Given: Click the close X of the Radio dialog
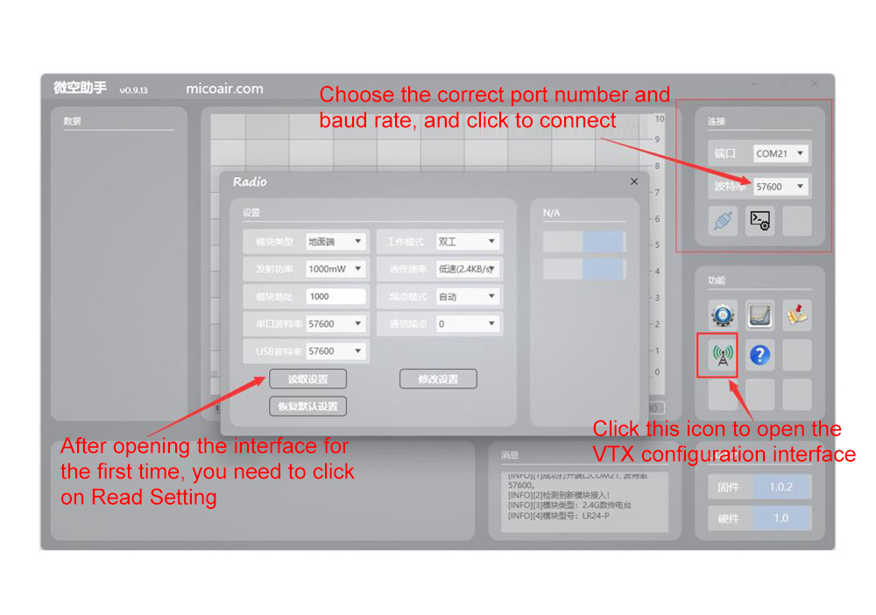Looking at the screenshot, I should (x=634, y=181).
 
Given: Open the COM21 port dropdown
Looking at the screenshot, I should (x=781, y=153).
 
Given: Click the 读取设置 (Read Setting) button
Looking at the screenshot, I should (x=307, y=378).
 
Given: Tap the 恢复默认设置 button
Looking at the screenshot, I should (x=307, y=406).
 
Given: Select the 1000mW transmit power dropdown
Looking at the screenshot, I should (x=336, y=269).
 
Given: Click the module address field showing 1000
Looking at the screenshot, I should (x=336, y=296).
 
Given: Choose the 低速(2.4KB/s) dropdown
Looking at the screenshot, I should (x=469, y=269).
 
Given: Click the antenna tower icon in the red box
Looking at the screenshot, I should (x=722, y=355).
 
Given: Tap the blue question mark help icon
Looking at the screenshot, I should (x=759, y=355).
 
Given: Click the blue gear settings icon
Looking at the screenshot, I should (x=723, y=315).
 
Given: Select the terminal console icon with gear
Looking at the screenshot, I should (x=759, y=221).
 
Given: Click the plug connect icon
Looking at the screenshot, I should (x=723, y=221).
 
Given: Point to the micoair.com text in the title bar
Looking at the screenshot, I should (x=224, y=88).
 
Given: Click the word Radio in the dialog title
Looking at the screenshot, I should (x=250, y=181).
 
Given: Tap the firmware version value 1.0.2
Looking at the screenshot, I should (x=781, y=487).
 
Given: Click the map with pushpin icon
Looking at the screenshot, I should (x=796, y=315).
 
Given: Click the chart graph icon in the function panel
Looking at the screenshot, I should (x=759, y=315).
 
